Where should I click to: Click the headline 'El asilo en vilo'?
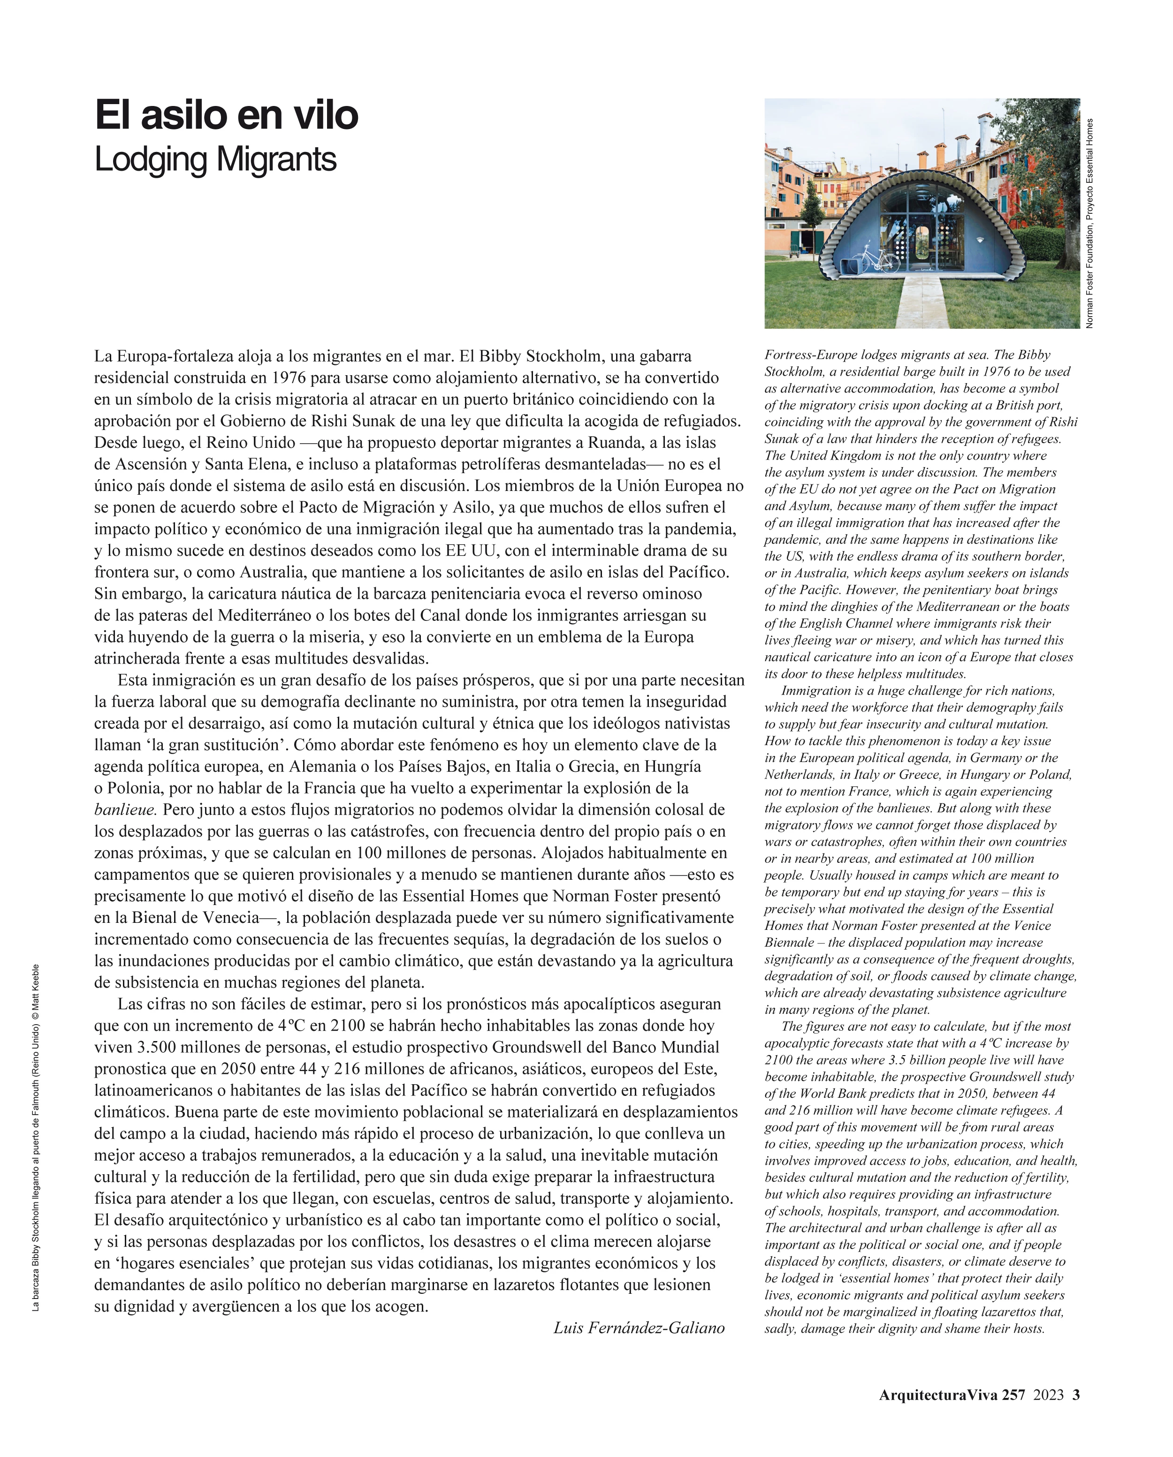(227, 115)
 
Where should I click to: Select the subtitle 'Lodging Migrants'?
(215, 160)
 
